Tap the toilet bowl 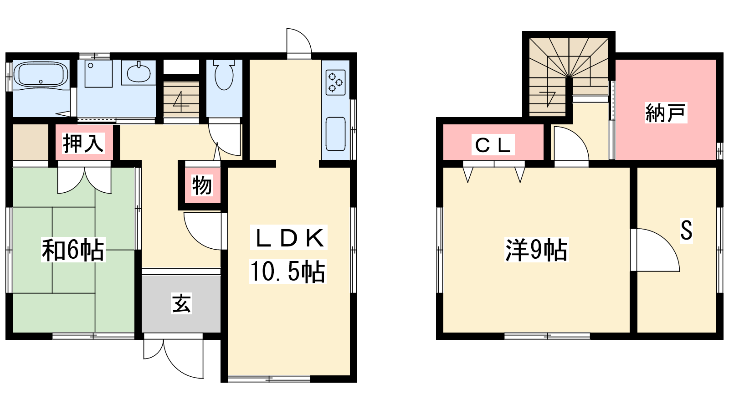[224, 75]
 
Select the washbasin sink [139, 73]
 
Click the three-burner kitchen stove [335, 82]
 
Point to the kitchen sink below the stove [335, 134]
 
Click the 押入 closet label [84, 143]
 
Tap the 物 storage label [202, 185]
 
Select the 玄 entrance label [181, 303]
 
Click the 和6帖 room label [73, 250]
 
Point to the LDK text [289, 238]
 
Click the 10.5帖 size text [287, 272]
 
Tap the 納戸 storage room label [666, 113]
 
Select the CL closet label [493, 145]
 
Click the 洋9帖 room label [536, 250]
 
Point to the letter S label [686, 230]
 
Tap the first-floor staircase [181, 99]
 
